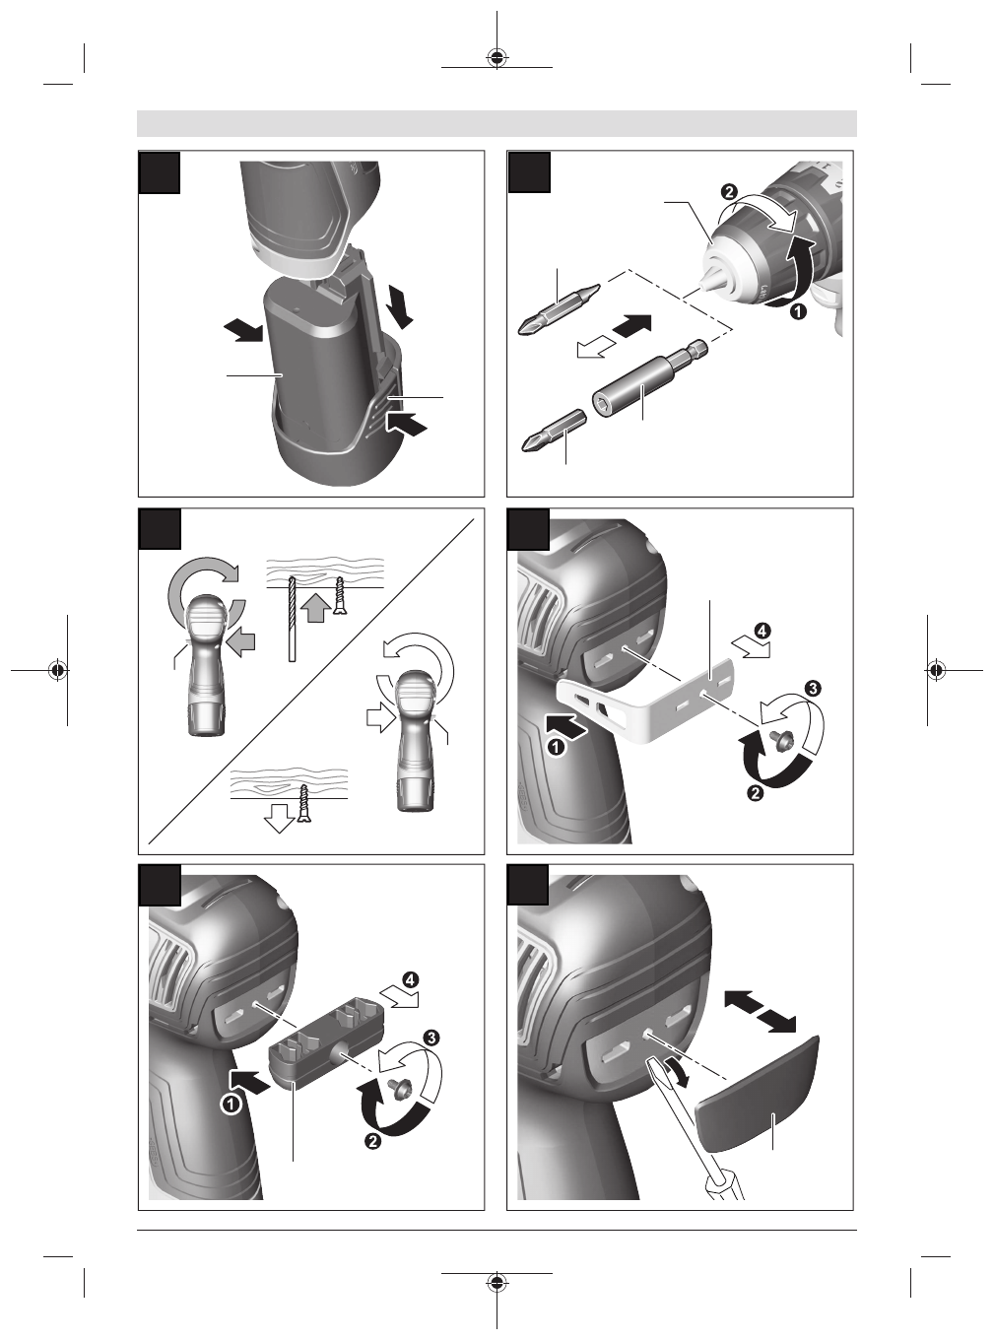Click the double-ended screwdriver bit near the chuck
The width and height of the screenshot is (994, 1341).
(559, 309)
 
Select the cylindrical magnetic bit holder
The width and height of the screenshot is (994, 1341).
(649, 377)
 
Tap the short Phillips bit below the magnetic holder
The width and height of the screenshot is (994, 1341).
(554, 430)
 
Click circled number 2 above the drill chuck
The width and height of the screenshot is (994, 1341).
(729, 192)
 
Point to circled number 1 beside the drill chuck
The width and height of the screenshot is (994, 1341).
(798, 311)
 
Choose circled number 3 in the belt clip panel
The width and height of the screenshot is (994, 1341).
(813, 688)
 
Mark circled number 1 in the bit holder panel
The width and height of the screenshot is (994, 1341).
(231, 1104)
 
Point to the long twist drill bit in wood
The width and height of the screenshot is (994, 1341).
(292, 619)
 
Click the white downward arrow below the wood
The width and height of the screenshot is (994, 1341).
(280, 819)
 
